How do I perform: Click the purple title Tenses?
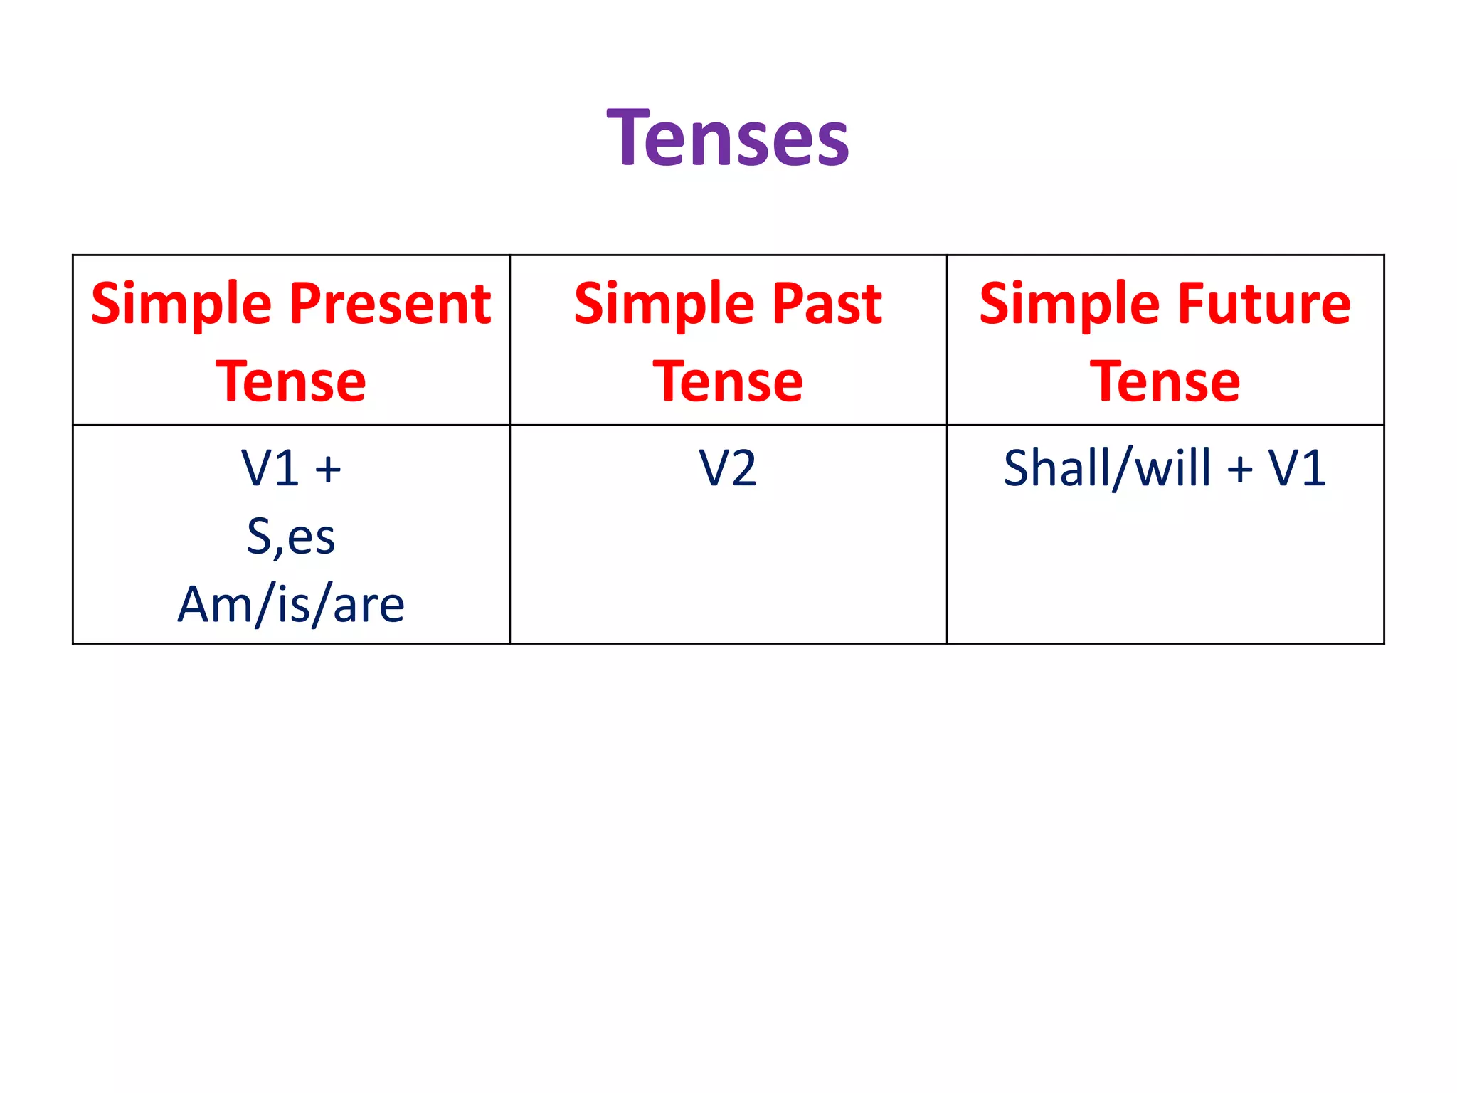(728, 138)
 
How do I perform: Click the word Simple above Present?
(181, 305)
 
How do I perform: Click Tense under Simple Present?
(291, 382)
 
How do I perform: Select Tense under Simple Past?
(728, 382)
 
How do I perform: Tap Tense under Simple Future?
(1165, 382)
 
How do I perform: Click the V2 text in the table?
(728, 468)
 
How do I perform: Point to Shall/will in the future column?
(1107, 468)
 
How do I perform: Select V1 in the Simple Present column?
(270, 468)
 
